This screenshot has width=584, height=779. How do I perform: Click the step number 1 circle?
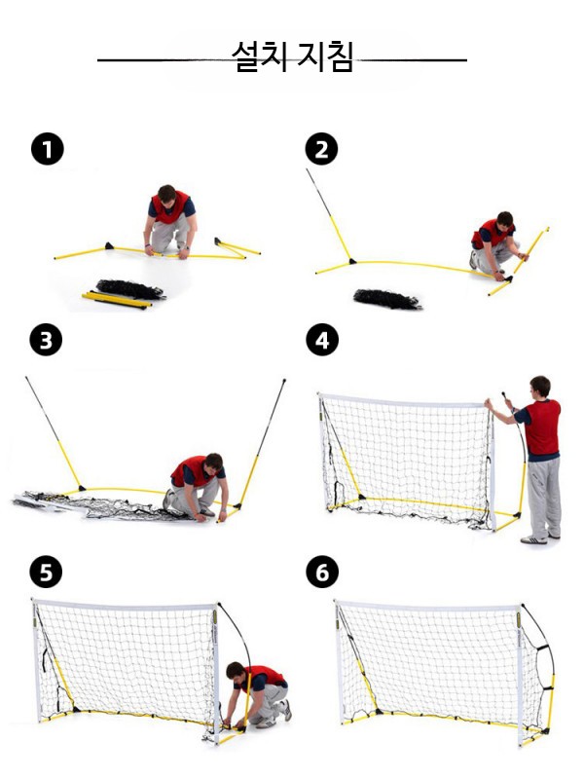point(48,149)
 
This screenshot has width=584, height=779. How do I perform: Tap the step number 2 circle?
point(321,149)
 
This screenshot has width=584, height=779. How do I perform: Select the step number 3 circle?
point(46,340)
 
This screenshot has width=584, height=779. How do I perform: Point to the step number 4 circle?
point(322,340)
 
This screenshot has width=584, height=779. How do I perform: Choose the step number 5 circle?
point(46,572)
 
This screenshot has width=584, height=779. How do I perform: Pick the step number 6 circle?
point(322,572)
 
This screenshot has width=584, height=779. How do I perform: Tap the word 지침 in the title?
point(326,56)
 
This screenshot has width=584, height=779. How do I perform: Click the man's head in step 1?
point(166,195)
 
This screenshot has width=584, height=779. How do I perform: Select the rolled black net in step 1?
point(130,288)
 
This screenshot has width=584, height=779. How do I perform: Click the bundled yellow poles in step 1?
point(117,300)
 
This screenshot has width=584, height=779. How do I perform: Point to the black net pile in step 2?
point(387,299)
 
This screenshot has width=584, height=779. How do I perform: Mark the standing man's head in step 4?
point(540,387)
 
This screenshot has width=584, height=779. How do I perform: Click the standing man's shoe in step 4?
point(533,539)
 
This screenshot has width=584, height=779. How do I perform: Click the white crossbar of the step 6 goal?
point(428,607)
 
